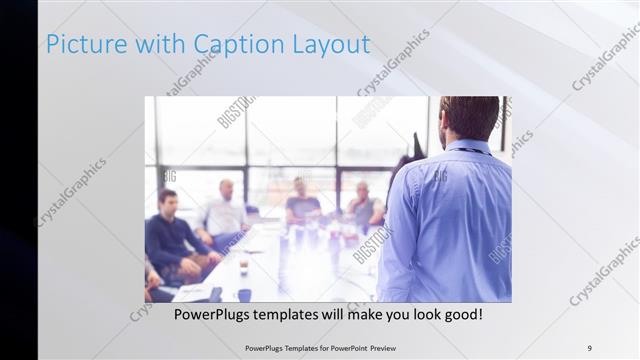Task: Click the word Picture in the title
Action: coord(86,45)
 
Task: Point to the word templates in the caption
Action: coord(310,315)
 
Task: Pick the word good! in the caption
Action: coord(462,315)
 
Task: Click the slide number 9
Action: coord(589,347)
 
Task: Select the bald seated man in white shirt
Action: coord(226,215)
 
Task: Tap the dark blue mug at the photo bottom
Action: coord(245,295)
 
